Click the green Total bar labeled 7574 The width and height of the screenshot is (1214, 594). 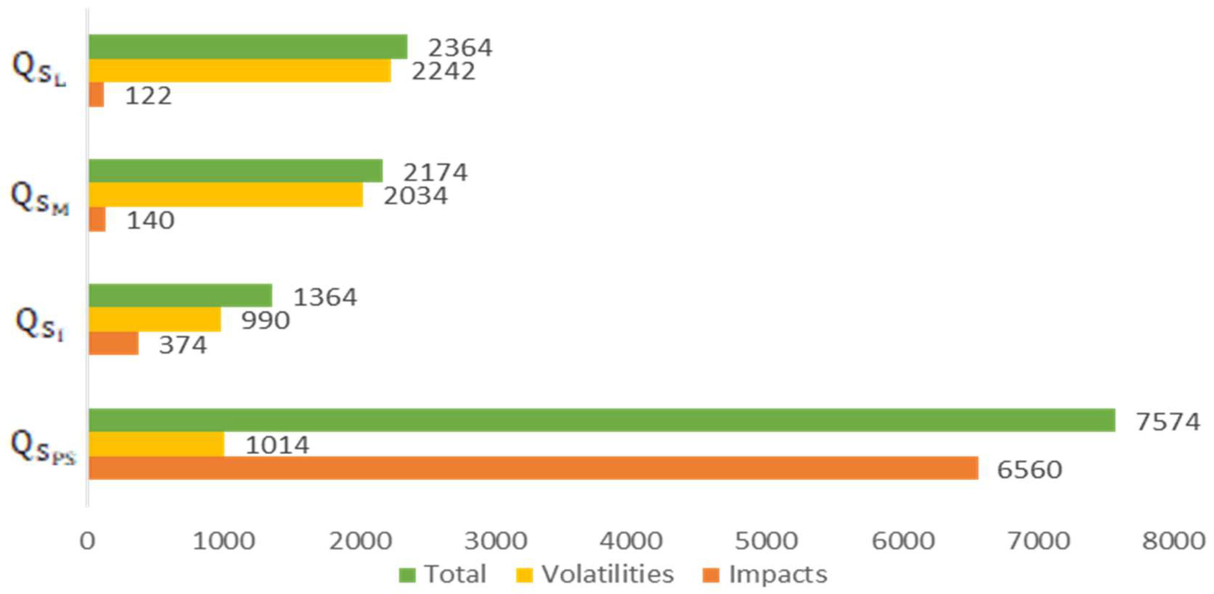602,420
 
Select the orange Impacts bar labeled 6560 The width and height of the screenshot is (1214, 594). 533,468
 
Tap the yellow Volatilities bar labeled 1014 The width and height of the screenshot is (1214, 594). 156,444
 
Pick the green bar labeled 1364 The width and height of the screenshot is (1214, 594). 180,295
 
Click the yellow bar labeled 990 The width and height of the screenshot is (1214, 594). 155,320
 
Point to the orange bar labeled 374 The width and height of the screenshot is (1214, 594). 114,344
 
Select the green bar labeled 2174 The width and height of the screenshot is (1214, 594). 236,170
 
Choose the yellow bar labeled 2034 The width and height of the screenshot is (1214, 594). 226,194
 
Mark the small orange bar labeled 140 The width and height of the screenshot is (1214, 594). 97,220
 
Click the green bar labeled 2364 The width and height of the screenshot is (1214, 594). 248,47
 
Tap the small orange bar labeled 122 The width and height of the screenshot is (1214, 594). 97,95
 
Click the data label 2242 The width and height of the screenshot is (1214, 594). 443,71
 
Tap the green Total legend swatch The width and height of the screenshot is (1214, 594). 407,575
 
